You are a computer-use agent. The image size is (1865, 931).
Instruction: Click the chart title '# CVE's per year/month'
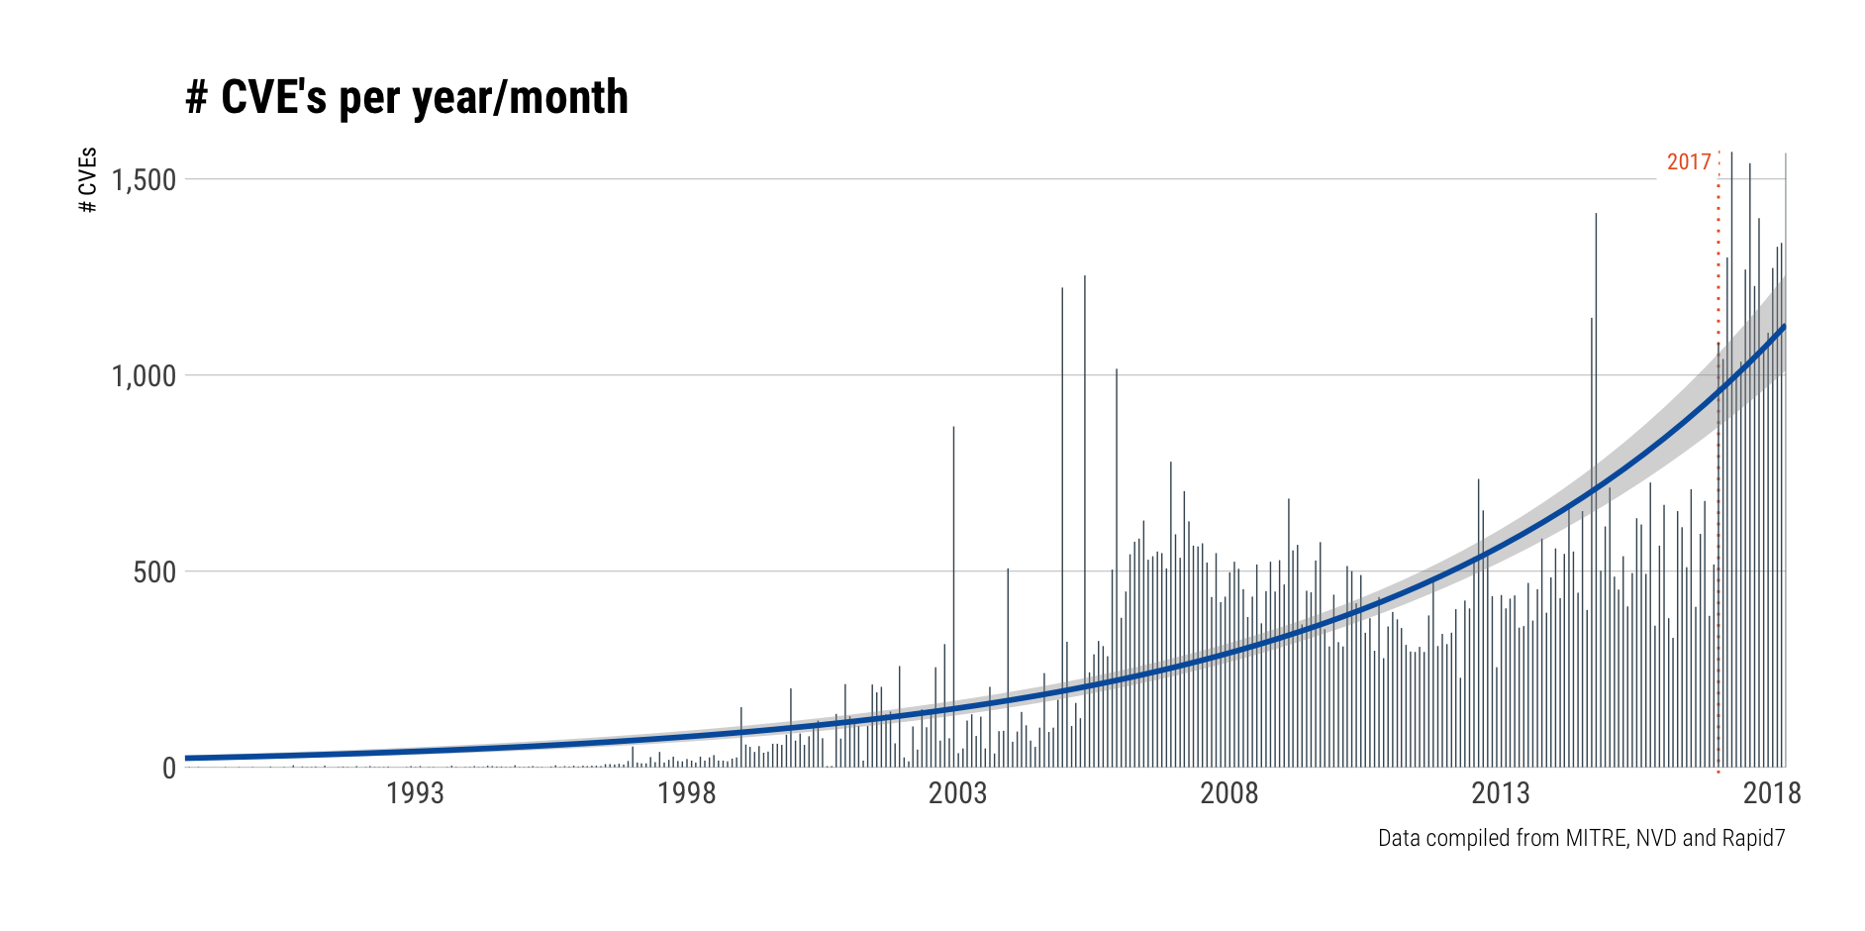(x=406, y=98)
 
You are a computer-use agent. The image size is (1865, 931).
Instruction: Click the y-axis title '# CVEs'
(x=88, y=180)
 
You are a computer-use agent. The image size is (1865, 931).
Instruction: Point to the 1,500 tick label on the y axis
(x=144, y=180)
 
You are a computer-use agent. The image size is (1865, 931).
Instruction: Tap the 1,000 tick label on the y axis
(x=144, y=376)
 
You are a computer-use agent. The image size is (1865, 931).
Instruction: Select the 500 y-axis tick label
(x=154, y=572)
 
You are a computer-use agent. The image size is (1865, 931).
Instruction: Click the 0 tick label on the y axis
(x=169, y=769)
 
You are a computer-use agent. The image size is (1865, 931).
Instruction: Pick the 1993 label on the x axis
(x=415, y=793)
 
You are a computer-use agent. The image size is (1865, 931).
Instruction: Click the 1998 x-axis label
(x=686, y=793)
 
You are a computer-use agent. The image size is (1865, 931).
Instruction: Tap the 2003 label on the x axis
(x=957, y=793)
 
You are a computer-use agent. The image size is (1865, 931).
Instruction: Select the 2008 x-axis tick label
(x=1228, y=793)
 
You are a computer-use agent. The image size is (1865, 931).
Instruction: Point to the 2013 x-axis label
(x=1500, y=793)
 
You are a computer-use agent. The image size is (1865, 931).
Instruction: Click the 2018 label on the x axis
(x=1771, y=793)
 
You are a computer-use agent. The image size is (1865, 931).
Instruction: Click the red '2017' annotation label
(x=1689, y=162)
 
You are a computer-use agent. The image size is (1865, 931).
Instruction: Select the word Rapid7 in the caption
(x=1753, y=839)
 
